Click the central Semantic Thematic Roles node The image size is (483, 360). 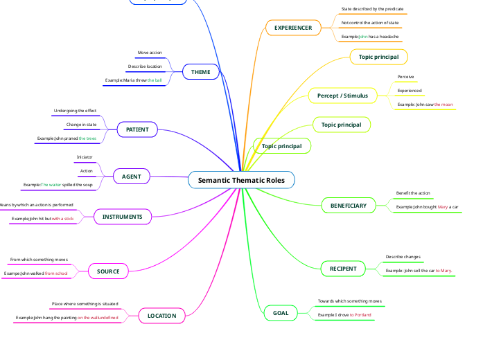click(x=241, y=180)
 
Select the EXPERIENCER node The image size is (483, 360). click(x=293, y=28)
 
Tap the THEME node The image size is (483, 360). click(x=200, y=72)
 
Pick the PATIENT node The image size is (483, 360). click(x=137, y=129)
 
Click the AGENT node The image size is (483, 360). click(x=131, y=177)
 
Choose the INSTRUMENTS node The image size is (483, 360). click(x=122, y=217)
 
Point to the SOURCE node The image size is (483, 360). click(x=108, y=271)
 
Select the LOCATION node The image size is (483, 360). click(x=161, y=316)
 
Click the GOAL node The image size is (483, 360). click(x=281, y=313)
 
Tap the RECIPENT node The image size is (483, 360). click(x=343, y=269)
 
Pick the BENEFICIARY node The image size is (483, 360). click(x=348, y=206)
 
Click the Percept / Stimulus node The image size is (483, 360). click(x=342, y=95)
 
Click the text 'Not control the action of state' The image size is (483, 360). click(x=369, y=23)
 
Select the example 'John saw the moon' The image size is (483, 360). click(x=425, y=105)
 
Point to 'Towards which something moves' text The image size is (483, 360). click(x=349, y=301)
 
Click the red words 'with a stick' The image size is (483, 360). click(x=62, y=219)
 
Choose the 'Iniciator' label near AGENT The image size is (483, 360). click(x=85, y=157)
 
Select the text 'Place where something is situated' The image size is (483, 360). click(x=85, y=304)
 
